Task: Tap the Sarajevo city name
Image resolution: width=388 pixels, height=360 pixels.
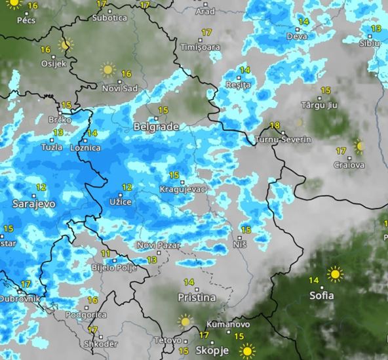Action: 33,204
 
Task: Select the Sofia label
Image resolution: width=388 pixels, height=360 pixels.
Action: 326,295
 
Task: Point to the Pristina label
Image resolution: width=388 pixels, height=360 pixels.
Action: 197,297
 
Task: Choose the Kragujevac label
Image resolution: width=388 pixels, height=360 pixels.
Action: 183,190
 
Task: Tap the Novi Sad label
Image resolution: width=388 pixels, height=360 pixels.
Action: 119,88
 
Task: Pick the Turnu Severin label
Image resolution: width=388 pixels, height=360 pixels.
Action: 284,140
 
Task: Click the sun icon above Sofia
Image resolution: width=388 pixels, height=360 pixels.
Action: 335,273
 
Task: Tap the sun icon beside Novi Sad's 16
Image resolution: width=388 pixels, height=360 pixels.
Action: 107,69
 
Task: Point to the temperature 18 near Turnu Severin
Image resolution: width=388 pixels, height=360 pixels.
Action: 275,126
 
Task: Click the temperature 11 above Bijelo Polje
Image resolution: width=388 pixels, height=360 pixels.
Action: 105,253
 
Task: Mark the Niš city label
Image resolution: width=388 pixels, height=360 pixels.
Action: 240,245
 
